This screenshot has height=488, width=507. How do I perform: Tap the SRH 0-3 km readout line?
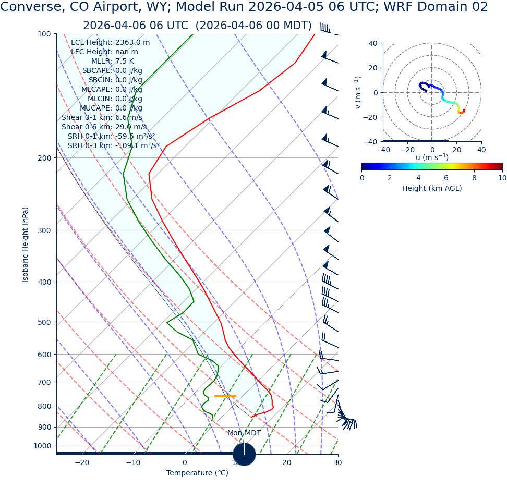114,146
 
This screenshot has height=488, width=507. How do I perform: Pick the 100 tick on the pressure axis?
44,34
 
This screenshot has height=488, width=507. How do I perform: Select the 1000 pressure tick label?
42,446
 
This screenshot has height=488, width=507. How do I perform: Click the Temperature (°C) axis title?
197,473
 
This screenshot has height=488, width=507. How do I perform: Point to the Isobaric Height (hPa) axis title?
26,245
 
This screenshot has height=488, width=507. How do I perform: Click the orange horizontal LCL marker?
225,396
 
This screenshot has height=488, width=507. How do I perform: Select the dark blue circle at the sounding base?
244,454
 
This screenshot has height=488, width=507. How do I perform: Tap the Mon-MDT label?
244,433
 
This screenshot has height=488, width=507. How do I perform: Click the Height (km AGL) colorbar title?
432,189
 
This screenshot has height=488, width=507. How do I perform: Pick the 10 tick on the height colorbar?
502,178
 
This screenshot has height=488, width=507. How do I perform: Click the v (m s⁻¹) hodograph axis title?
358,92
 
